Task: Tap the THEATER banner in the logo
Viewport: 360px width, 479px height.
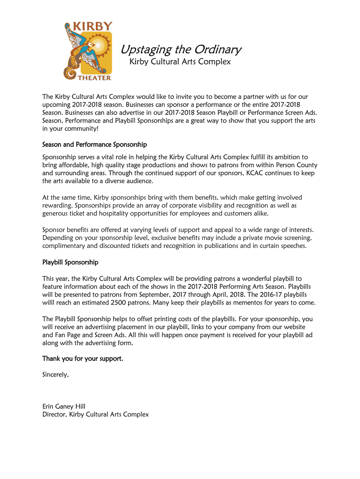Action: pos(94,78)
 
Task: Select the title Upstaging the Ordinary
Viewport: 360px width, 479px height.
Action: pos(181,50)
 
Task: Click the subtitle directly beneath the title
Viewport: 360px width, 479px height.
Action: pos(180,62)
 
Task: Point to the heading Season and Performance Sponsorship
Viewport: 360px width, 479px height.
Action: pos(94,145)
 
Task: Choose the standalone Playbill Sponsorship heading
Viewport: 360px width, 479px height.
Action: pos(70,262)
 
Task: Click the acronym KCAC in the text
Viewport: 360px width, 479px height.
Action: pos(255,173)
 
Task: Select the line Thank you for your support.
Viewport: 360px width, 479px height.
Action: pos(83,359)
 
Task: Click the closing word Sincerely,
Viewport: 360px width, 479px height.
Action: pos(56,375)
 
